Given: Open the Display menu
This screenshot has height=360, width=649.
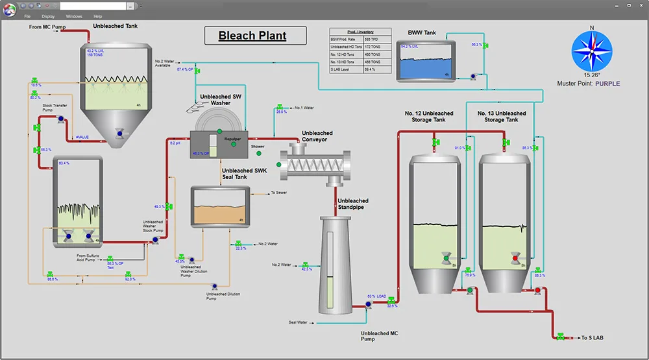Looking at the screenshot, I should [48, 16].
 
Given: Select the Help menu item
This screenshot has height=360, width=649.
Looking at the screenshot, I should [97, 16].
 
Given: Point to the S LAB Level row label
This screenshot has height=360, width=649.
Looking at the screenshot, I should [345, 69].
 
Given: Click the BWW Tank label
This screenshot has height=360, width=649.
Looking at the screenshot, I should [422, 32].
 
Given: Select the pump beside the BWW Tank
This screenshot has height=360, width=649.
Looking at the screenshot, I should [474, 75].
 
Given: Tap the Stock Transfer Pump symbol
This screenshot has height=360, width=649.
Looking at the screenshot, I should [60, 119].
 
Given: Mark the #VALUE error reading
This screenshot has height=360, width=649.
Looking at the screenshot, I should [82, 138].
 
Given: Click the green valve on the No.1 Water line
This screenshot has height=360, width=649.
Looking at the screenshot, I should [281, 107].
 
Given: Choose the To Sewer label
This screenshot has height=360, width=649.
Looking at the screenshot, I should [279, 193].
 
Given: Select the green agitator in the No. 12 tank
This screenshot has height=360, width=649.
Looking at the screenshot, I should [446, 258].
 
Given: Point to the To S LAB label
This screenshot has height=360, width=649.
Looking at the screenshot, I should [594, 337].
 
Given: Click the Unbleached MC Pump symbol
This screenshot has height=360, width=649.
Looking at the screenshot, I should [368, 304].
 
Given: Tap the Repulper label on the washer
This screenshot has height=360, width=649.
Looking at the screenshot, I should [233, 138].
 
